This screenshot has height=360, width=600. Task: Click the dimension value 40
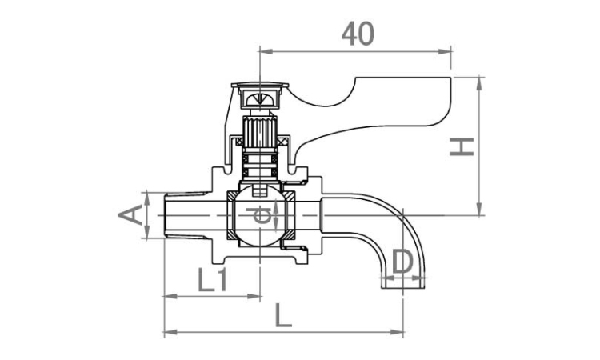coord(358,34)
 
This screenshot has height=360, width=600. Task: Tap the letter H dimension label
coord(462,147)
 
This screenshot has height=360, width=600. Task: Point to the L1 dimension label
coord(212,280)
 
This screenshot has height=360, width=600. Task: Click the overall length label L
coord(283,316)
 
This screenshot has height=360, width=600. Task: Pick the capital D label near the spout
coord(402,262)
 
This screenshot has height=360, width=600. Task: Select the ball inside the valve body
coord(259,215)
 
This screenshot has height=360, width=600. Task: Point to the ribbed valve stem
coord(260,132)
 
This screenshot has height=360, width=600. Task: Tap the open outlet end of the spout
coord(403,283)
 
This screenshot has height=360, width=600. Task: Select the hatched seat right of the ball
coord(289,215)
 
